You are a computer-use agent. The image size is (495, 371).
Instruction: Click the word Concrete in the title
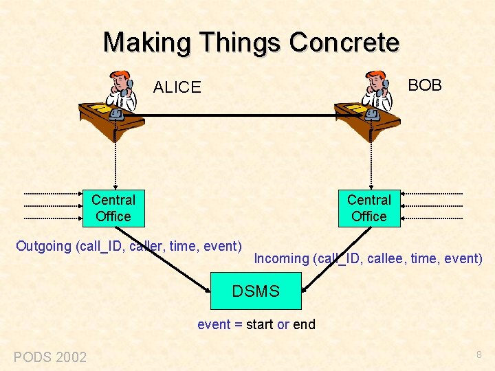click(344, 43)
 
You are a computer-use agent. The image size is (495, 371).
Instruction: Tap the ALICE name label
click(177, 87)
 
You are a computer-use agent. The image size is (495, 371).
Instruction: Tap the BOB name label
click(425, 85)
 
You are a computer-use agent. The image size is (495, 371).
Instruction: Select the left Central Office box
click(113, 208)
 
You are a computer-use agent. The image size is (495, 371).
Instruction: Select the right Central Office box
click(368, 208)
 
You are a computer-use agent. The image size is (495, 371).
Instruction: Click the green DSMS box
click(256, 291)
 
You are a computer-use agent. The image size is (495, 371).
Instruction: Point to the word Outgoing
click(43, 246)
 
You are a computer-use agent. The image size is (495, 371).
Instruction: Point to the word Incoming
click(281, 258)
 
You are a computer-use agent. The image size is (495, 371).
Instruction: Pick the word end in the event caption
click(304, 324)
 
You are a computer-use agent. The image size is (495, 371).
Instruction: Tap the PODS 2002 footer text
click(50, 357)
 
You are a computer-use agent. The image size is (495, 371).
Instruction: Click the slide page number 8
click(478, 355)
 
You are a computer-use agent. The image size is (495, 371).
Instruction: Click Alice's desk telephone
click(115, 114)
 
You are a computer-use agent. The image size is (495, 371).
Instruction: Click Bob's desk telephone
click(372, 114)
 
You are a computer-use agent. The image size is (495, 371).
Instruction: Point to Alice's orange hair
click(120, 75)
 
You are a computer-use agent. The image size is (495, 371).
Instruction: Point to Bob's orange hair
click(376, 75)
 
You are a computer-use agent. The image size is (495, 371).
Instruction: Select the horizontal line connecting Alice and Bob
click(241, 115)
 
